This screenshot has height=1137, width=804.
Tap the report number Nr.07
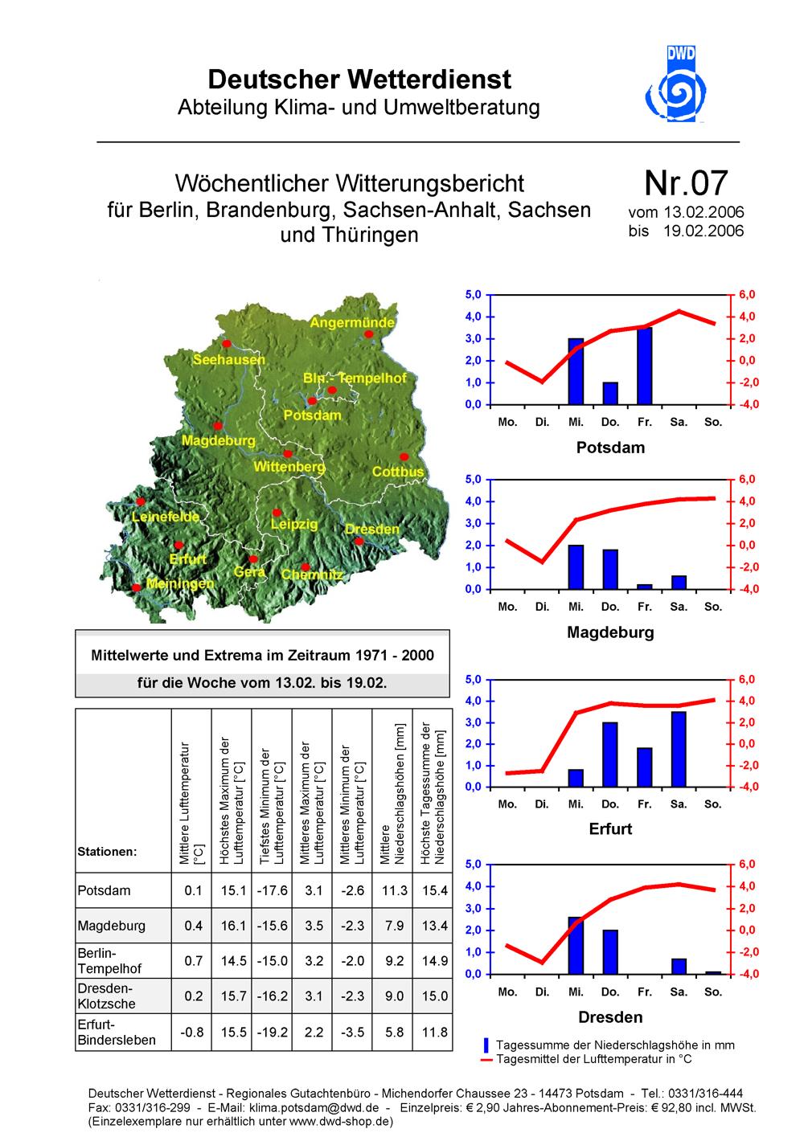(x=686, y=183)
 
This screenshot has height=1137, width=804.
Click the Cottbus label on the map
(x=397, y=472)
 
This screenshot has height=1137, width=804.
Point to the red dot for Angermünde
(x=368, y=334)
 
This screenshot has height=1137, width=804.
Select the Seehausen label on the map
(x=228, y=360)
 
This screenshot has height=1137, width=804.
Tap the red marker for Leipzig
(x=277, y=512)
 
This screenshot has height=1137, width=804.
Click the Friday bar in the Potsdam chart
(x=645, y=366)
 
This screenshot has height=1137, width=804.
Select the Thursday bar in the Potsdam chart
(x=610, y=394)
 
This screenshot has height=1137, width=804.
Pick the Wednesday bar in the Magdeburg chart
(x=576, y=566)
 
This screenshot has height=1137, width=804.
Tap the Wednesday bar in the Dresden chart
(x=576, y=945)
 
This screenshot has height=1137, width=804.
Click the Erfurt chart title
(x=610, y=828)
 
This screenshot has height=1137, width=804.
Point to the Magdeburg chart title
(x=610, y=632)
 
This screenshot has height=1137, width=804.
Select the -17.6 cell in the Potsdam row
(x=272, y=890)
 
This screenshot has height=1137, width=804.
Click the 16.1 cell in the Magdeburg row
(x=232, y=926)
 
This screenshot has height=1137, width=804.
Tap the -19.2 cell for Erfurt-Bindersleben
(x=272, y=1032)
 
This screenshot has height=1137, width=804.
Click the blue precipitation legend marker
(x=486, y=1045)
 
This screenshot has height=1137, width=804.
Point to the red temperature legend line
(x=486, y=1060)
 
